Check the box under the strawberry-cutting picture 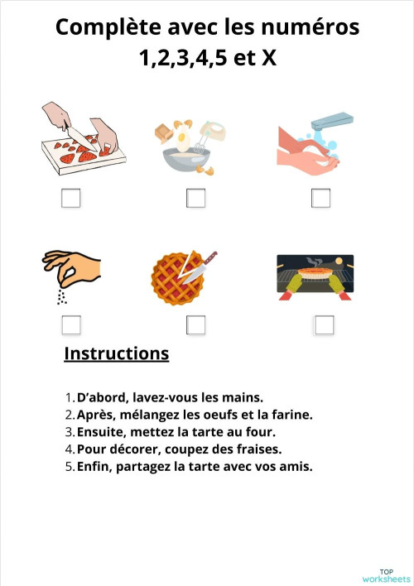coord(71,199)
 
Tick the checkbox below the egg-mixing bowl coord(195,199)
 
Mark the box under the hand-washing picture coord(320,199)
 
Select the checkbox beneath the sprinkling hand coord(71,324)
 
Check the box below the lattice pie coord(195,324)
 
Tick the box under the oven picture coord(324,324)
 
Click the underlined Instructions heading coord(116,353)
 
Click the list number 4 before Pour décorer coord(69,449)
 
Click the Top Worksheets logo coord(385,575)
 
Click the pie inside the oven coord(315,271)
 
